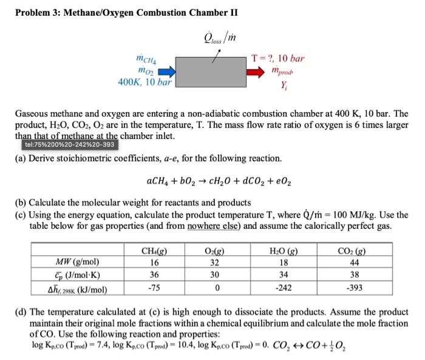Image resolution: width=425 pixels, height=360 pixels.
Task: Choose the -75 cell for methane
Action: tap(154, 287)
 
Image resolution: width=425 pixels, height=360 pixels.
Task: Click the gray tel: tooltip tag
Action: tap(69, 145)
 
